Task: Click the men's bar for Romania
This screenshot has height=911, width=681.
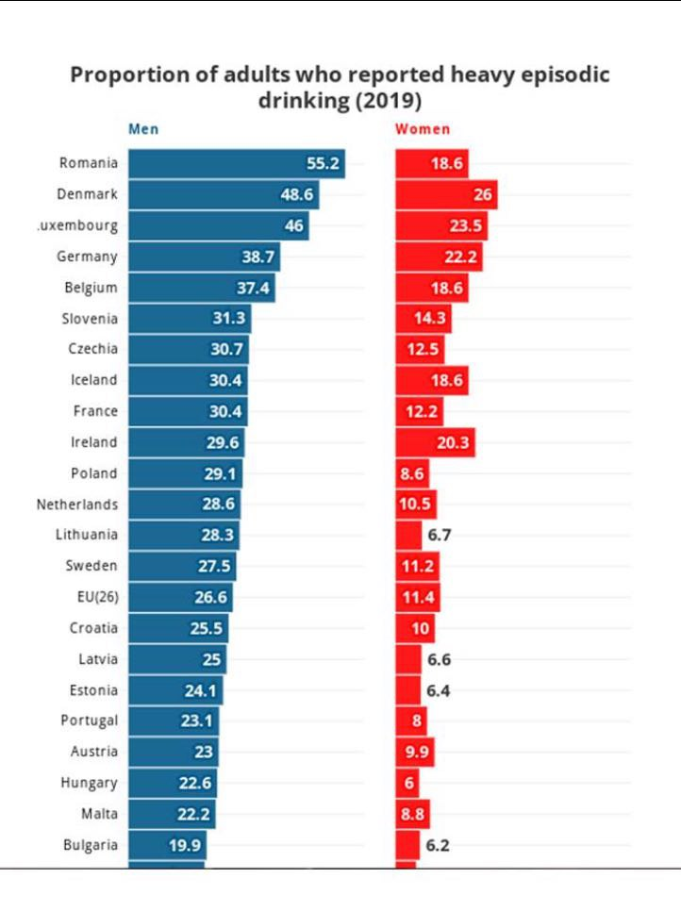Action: (236, 163)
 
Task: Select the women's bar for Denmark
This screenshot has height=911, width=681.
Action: (445, 194)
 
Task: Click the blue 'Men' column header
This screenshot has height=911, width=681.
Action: (143, 129)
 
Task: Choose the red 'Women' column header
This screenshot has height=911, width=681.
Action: (423, 129)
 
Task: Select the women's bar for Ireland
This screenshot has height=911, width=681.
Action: (435, 442)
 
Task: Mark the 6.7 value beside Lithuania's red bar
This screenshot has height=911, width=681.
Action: (440, 535)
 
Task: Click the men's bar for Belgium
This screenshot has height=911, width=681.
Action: (201, 288)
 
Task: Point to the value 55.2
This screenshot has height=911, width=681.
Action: (323, 163)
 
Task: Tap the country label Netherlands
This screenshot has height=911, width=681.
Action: (77, 505)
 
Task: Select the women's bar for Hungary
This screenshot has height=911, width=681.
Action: (407, 783)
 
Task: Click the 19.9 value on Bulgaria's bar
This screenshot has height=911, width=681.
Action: (185, 845)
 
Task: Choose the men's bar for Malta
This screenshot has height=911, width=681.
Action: (172, 814)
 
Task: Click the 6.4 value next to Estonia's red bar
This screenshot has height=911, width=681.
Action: (440, 690)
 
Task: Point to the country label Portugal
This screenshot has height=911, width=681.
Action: (89, 721)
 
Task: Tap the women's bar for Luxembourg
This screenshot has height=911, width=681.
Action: (440, 225)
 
